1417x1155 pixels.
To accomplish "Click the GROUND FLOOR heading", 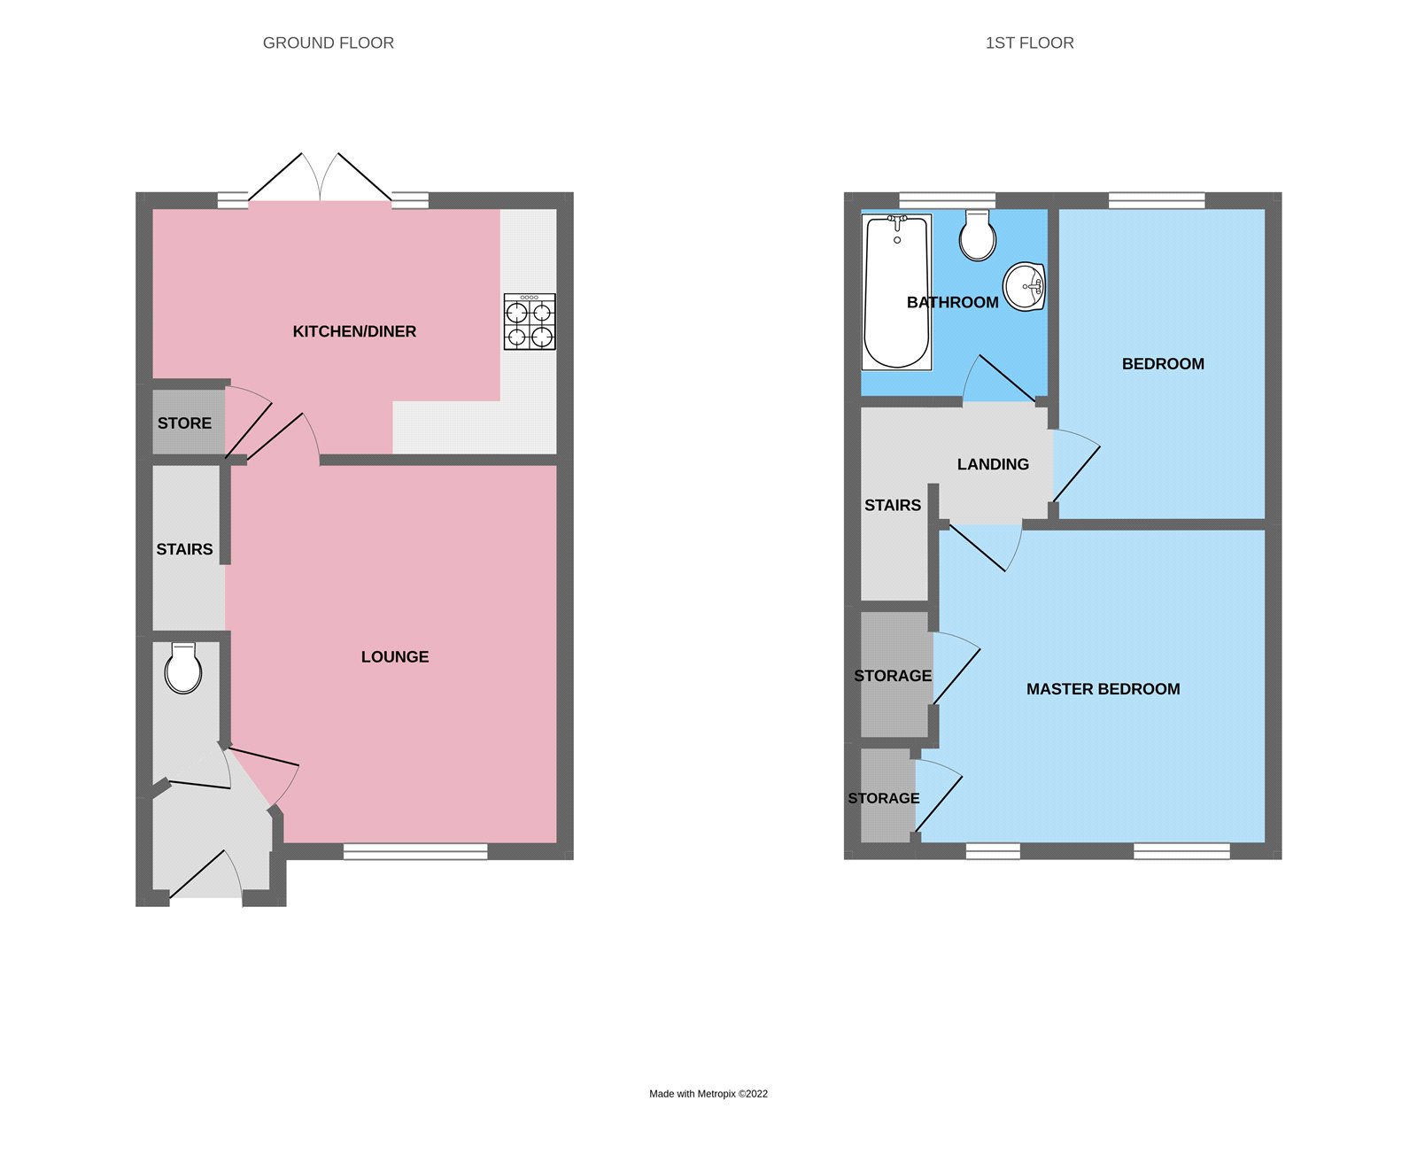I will (328, 43).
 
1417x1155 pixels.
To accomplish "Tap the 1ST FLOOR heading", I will (1029, 43).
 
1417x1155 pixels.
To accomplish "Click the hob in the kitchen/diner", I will (530, 322).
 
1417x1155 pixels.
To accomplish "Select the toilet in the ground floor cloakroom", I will (183, 669).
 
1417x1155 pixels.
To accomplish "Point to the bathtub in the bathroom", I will (896, 291).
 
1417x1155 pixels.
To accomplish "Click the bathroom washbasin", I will (1025, 287).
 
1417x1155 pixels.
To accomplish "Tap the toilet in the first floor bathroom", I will (978, 236).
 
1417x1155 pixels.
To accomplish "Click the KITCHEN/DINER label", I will (354, 331).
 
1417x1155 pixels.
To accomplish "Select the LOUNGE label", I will (395, 656).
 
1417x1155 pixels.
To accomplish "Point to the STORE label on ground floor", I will (184, 423).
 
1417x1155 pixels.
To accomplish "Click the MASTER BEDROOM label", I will (1103, 689).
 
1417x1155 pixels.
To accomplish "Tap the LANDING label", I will (993, 464).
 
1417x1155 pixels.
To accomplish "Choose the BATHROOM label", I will (952, 302).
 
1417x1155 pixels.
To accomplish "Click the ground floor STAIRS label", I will (184, 549).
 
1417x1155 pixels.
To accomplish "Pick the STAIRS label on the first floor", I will (893, 505).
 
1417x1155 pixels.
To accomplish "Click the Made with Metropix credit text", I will (708, 1094).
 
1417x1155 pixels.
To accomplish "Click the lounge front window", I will (415, 852).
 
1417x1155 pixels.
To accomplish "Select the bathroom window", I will (947, 200).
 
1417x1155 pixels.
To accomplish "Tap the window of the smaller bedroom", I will (1157, 200).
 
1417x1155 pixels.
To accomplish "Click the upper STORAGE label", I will (893, 676).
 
